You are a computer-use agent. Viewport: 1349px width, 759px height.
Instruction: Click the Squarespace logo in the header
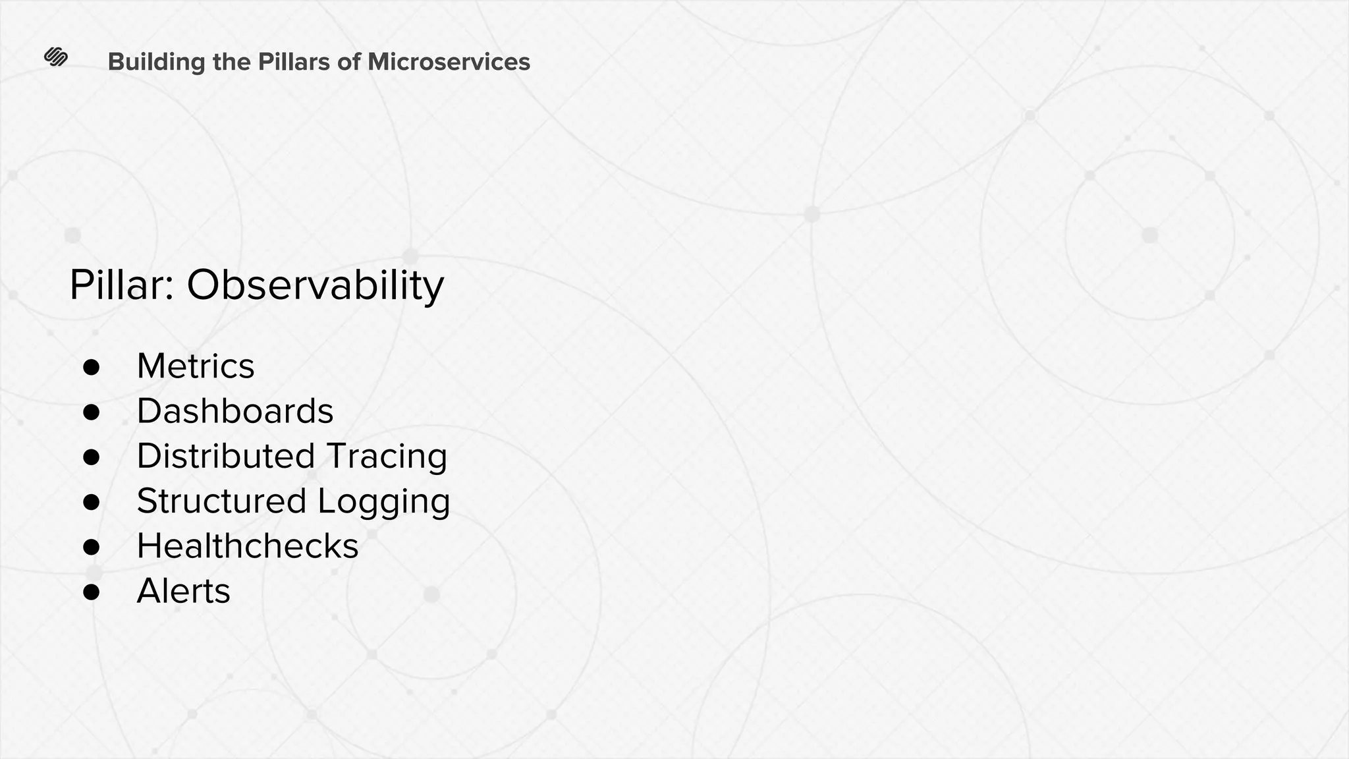coord(56,57)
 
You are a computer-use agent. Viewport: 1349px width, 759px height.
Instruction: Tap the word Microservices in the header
coord(449,62)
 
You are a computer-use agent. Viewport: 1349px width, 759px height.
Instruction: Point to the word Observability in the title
coord(316,285)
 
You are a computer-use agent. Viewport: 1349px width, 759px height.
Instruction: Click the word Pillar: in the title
coord(122,285)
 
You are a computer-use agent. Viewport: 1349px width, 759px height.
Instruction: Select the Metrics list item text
coord(195,366)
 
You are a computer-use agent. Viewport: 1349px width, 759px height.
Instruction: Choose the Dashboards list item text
coord(234,411)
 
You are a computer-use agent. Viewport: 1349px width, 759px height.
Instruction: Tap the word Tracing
coord(387,456)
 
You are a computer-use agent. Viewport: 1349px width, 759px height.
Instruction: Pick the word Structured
coord(221,501)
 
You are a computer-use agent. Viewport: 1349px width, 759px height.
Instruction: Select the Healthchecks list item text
coord(247,546)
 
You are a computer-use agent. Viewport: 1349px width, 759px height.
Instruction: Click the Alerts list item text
coord(183,591)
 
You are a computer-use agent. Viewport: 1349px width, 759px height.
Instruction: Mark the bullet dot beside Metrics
coord(92,368)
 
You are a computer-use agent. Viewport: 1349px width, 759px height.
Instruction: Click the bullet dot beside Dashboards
coord(92,412)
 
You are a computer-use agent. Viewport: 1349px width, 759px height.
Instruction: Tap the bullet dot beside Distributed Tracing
coord(92,457)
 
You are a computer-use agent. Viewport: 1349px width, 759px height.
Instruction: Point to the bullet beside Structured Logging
coord(92,502)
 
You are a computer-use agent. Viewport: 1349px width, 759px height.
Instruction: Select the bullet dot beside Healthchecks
coord(92,547)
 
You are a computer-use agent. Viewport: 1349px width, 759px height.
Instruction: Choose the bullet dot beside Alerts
coord(92,592)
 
